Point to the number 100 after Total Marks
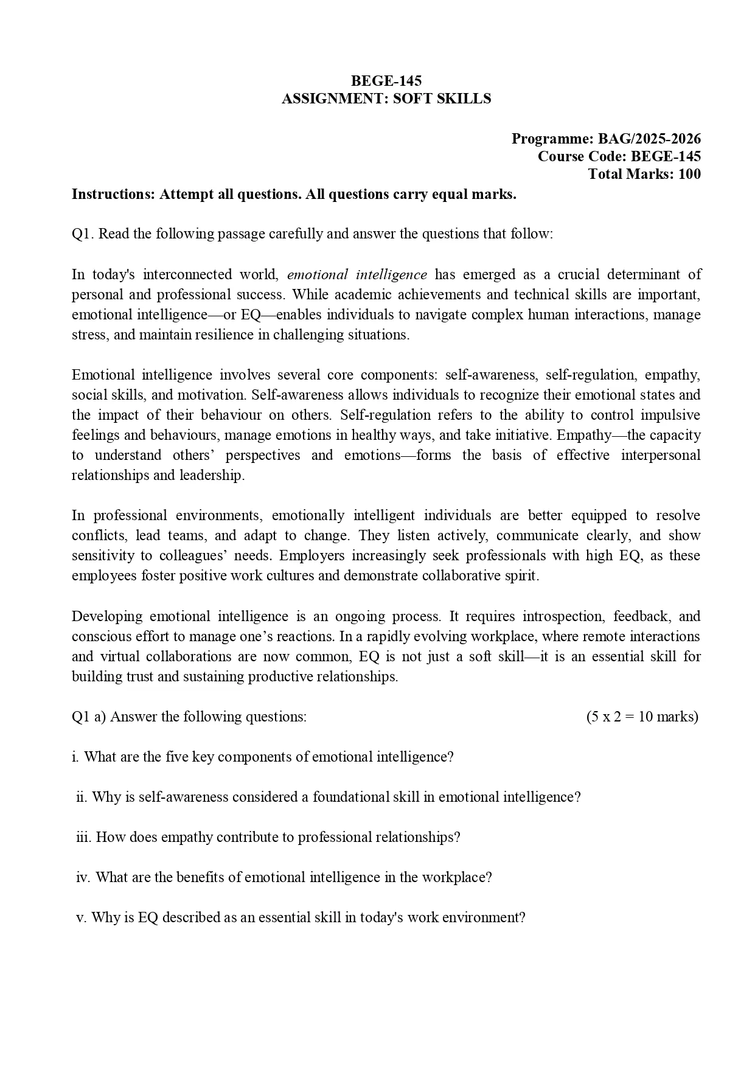(x=689, y=174)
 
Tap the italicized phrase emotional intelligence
(x=357, y=274)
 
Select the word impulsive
(x=672, y=415)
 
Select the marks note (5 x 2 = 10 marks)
(x=642, y=717)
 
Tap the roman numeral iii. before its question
(x=83, y=837)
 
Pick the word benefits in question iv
(x=202, y=877)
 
